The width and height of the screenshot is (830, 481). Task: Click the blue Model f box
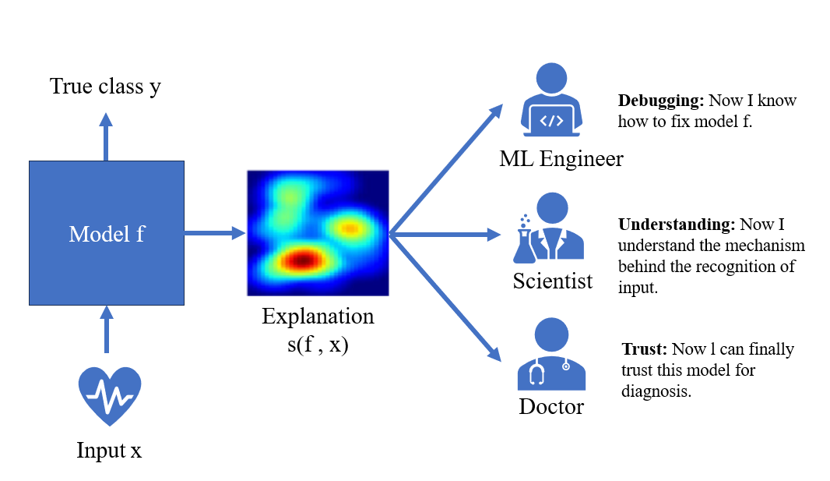point(107,233)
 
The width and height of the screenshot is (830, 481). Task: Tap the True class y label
point(105,86)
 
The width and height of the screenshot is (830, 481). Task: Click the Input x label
point(109,451)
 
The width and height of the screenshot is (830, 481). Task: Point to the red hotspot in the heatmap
point(302,260)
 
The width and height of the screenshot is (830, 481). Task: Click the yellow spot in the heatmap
point(350,229)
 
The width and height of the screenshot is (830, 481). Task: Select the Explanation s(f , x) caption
point(318,330)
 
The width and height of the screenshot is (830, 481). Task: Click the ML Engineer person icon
point(551,99)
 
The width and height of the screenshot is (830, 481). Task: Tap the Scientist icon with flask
point(549,228)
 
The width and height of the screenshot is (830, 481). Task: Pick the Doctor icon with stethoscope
point(551,353)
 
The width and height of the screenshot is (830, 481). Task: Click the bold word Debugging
point(661,101)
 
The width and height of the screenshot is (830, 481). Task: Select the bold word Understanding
point(677,225)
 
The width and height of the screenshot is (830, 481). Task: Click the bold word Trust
point(644,349)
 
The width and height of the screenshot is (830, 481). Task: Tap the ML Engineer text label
point(561,159)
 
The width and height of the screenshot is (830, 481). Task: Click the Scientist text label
point(553,281)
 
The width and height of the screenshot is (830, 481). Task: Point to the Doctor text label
point(551,406)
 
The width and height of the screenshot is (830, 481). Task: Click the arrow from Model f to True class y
point(106,136)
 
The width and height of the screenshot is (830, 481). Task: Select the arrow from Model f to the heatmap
point(215,232)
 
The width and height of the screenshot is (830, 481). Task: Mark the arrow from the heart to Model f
point(107,329)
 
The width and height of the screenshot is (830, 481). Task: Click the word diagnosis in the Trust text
point(656,391)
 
